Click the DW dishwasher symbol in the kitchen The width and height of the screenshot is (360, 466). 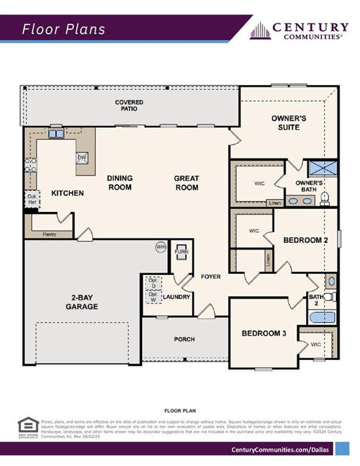(x=82, y=158)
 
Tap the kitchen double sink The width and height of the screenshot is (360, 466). (x=56, y=134)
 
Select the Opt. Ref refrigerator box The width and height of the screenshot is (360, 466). (x=32, y=199)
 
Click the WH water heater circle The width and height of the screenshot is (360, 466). (x=161, y=247)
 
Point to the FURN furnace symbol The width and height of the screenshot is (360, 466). (x=181, y=252)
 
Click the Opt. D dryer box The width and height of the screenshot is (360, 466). (x=153, y=283)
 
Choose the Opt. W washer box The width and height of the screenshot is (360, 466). (x=153, y=297)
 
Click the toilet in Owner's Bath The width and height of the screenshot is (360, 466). (x=325, y=198)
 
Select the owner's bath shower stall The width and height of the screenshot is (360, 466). (x=323, y=168)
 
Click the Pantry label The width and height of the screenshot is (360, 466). (x=49, y=234)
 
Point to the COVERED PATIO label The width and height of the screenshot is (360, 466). (x=129, y=105)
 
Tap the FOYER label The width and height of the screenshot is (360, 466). (x=211, y=277)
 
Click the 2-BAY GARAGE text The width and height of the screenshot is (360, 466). (x=82, y=302)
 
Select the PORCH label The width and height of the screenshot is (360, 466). (x=184, y=339)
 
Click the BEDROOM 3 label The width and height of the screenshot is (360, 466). (x=264, y=333)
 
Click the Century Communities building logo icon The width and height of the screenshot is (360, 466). (x=260, y=31)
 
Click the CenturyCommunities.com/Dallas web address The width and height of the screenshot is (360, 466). (x=280, y=449)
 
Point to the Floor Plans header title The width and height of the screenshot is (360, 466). (x=64, y=29)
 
